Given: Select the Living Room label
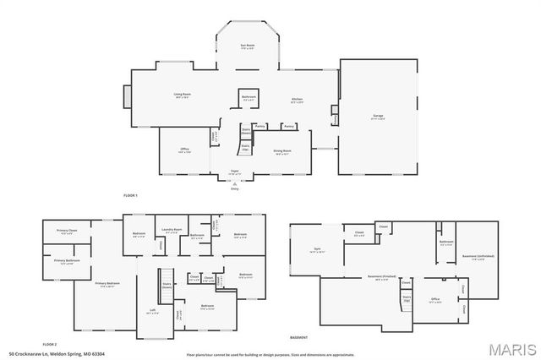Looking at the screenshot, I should click(x=182, y=95).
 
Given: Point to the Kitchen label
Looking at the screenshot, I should click(x=297, y=101).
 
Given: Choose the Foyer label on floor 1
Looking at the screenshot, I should click(x=235, y=172).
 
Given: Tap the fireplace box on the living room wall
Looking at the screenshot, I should click(x=128, y=96).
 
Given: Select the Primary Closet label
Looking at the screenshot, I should click(x=67, y=232).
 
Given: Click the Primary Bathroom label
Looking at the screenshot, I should click(x=67, y=261).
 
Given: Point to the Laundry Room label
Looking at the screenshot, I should click(x=172, y=231).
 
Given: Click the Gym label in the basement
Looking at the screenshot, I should click(x=317, y=251).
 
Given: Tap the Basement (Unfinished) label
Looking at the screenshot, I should click(x=478, y=256).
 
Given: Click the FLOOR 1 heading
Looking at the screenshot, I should click(x=130, y=195).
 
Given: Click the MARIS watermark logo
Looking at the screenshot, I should click(x=511, y=348).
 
